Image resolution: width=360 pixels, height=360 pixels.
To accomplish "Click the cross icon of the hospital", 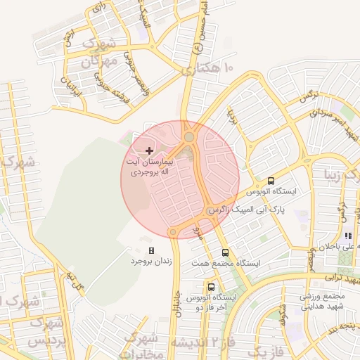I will tap(149, 150).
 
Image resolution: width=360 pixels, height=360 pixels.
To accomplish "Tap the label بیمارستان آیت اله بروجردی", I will tap(148, 166).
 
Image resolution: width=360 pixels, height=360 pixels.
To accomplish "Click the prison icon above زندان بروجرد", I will tap(151, 250).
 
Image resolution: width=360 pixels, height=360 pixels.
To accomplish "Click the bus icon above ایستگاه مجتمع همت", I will tap(225, 252).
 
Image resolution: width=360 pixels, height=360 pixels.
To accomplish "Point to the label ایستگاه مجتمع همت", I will tap(226, 263).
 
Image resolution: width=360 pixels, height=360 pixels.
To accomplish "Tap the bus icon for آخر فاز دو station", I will tap(211, 287).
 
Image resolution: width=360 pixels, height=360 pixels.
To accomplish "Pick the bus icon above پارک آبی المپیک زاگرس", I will tap(271, 181).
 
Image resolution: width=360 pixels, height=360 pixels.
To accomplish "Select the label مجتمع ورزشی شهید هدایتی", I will tap(326, 302).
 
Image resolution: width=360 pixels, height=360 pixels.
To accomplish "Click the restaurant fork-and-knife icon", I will tap(347, 236).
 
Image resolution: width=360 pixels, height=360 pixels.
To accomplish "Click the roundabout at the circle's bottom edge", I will tap(173, 231).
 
